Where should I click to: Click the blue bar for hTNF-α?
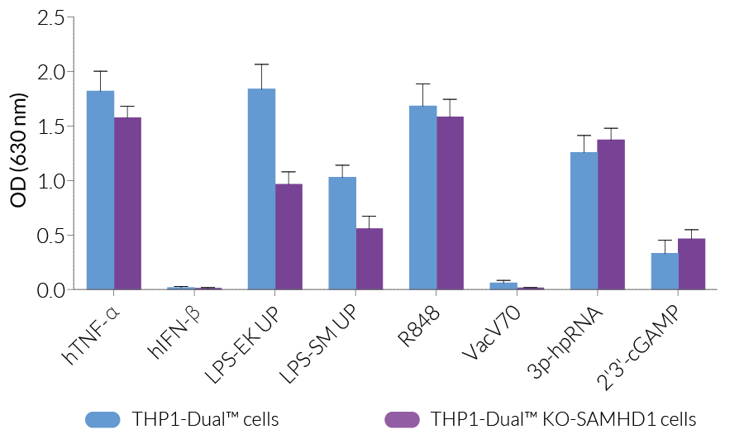point(100,190)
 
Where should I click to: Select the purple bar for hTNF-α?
point(127,203)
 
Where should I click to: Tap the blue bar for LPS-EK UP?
point(261,189)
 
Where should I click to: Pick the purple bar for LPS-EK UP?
point(289,236)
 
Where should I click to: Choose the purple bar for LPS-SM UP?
point(370,259)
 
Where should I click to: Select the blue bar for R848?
point(422,198)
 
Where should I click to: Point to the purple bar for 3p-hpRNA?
point(611,215)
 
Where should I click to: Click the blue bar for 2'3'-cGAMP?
point(665,271)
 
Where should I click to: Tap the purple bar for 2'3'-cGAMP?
point(691,264)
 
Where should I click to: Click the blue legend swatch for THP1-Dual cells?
point(103,419)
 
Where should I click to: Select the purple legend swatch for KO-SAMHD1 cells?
point(403,419)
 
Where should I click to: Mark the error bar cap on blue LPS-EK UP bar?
point(261,64)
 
